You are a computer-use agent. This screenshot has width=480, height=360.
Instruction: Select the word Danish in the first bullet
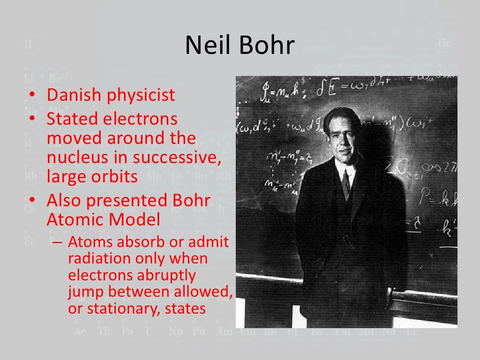pos(74,95)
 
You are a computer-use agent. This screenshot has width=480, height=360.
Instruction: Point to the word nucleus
pos(75,157)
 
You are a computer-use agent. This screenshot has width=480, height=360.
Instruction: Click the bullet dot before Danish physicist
pos(31,95)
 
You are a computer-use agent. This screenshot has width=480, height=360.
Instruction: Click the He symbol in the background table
pos(444,43)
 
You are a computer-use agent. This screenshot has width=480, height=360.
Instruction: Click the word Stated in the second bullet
pos(70,119)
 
